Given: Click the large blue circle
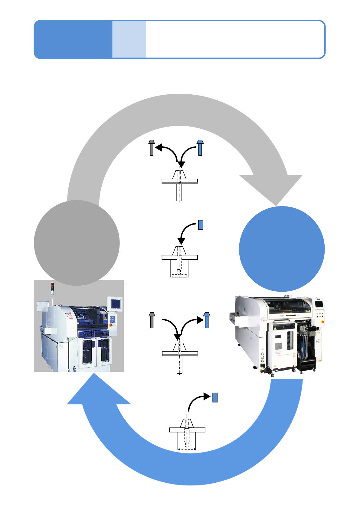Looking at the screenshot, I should click(x=282, y=249).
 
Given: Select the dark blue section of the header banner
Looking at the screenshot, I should click(x=73, y=39).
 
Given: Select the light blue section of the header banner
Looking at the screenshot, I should click(x=129, y=39).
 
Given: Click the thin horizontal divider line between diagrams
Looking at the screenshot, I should click(x=184, y=284).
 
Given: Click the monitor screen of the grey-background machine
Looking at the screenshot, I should click(x=116, y=303).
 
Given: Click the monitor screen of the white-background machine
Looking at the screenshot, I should click(x=319, y=303).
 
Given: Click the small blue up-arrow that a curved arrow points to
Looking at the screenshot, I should click(x=207, y=320).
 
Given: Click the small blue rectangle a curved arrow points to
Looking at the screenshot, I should click(x=215, y=397).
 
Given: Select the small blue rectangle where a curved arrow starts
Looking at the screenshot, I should click(x=200, y=225).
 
